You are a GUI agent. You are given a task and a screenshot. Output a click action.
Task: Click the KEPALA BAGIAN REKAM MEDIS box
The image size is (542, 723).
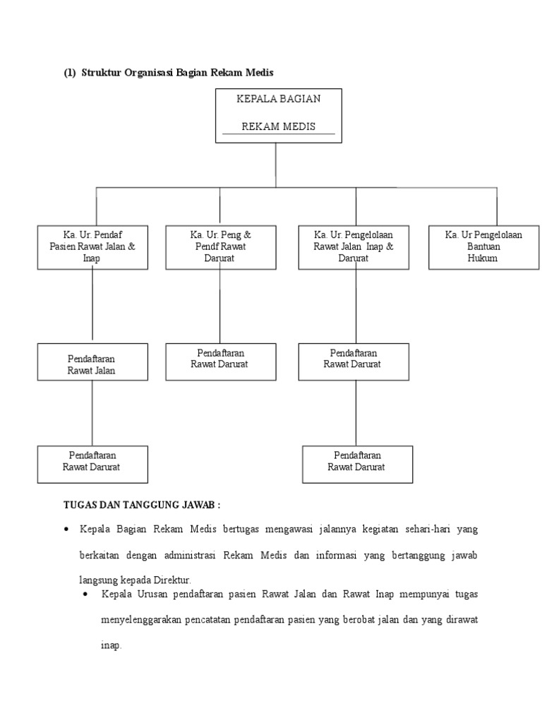point(278,115)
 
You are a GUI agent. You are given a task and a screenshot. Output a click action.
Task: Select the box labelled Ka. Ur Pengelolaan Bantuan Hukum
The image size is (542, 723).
point(483,246)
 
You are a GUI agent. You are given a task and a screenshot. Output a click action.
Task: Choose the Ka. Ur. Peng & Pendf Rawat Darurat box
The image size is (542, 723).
point(220,246)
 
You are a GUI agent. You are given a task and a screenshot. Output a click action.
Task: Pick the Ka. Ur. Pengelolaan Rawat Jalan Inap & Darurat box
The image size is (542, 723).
point(354,246)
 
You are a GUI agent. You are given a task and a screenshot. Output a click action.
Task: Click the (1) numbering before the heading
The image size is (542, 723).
point(70,73)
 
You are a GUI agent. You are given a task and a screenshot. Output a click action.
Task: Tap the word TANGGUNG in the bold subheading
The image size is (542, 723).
point(152,505)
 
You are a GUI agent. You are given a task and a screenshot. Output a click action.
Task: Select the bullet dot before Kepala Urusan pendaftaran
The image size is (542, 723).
point(85,594)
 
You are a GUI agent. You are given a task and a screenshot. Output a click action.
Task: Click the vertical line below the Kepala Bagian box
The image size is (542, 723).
point(276,165)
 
